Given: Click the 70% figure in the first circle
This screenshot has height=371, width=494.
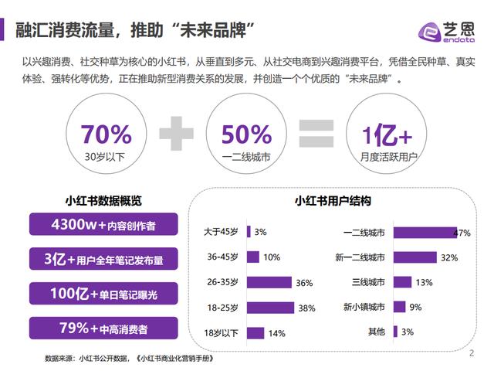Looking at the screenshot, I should (x=107, y=134).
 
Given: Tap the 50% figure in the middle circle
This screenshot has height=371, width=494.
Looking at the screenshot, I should (x=245, y=134).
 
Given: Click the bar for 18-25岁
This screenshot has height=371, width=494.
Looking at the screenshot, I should (x=270, y=308).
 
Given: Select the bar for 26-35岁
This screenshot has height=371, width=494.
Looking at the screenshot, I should (x=269, y=282).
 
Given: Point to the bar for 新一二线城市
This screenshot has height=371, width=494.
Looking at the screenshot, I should (x=414, y=257).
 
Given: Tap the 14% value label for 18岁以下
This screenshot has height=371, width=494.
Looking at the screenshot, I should (x=276, y=333).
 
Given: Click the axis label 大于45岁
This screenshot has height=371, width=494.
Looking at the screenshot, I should (x=222, y=232).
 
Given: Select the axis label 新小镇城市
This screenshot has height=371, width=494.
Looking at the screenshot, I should (x=364, y=307).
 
